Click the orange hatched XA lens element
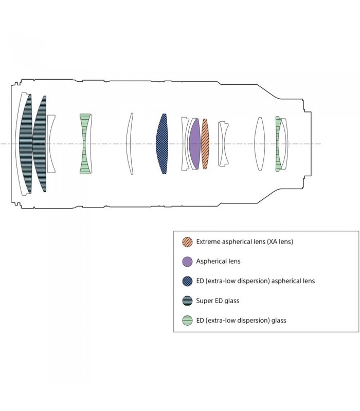[x=205, y=144]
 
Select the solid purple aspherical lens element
[x=195, y=144]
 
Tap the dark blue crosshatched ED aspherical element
[x=162, y=144]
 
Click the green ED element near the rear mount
[x=278, y=144]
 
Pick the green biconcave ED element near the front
[x=85, y=144]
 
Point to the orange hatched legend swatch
[x=187, y=241]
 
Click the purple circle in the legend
[x=187, y=261]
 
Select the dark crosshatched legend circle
[x=187, y=281]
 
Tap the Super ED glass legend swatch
[x=187, y=301]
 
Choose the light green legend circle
[x=187, y=320]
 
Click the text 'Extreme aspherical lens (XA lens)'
[x=245, y=241]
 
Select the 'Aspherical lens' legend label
[x=218, y=261]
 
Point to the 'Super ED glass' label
[x=218, y=301]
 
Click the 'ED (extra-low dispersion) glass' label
[x=241, y=320]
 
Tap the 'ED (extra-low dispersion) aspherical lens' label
[x=256, y=281]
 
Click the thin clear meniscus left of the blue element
[x=130, y=144]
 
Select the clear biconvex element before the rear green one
[x=260, y=144]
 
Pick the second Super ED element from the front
[x=40, y=144]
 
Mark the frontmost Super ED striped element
[x=26, y=144]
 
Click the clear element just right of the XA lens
[x=223, y=144]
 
